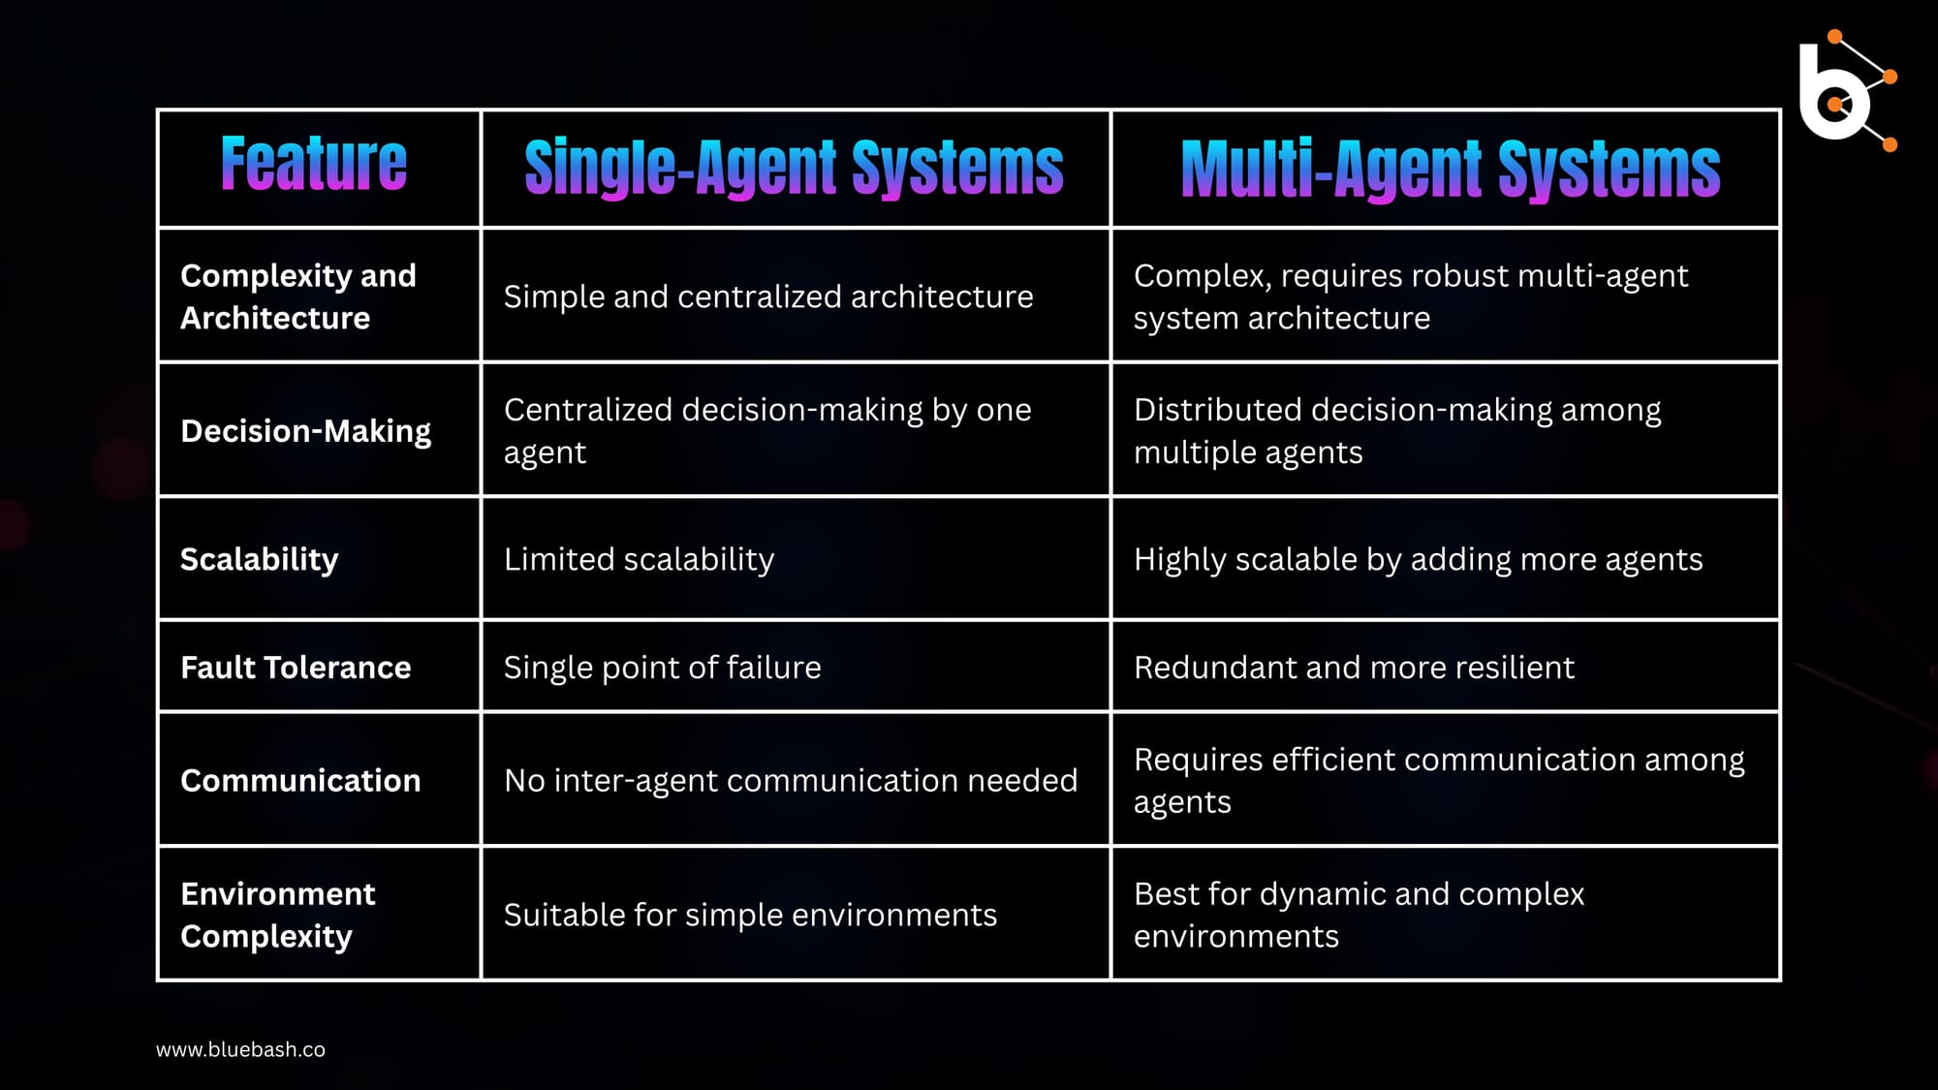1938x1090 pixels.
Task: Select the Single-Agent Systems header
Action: coord(794,168)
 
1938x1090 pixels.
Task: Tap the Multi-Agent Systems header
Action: coord(1451,169)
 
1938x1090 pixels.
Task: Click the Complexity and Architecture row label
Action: coord(298,296)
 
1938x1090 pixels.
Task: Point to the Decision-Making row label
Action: coord(306,431)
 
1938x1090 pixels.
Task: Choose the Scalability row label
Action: coord(260,560)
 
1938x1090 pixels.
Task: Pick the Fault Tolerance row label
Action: coord(296,668)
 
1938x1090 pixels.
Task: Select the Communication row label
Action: coord(300,781)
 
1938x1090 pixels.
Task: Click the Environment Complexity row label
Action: coord(278,915)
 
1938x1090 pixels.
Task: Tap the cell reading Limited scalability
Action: coord(640,560)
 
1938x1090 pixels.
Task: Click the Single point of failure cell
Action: coord(663,668)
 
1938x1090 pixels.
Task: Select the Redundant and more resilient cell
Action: coord(1354,668)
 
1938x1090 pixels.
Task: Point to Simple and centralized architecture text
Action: coord(768,296)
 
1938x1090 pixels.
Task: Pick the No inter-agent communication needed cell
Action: coord(791,781)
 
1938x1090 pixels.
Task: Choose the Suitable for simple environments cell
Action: coord(750,915)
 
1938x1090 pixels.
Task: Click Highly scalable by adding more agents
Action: coord(1418,560)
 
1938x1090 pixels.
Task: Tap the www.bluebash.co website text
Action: coord(240,1049)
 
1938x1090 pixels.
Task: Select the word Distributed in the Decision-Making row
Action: coord(1217,410)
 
